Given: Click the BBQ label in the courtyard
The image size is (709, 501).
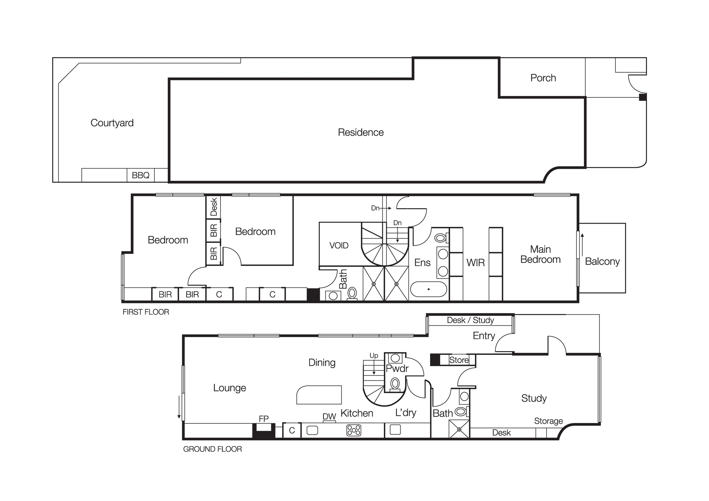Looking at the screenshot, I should pyautogui.click(x=140, y=175).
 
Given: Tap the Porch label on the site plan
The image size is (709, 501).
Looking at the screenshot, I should pyautogui.click(x=543, y=78).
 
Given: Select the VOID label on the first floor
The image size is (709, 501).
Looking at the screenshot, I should pyautogui.click(x=339, y=245).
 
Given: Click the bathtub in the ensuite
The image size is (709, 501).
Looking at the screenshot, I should pyautogui.click(x=429, y=289).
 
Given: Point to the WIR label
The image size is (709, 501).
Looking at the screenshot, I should pyautogui.click(x=475, y=263).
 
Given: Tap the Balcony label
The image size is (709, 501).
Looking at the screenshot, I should pyautogui.click(x=602, y=262).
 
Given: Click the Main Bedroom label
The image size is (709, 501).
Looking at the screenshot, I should pyautogui.click(x=540, y=254).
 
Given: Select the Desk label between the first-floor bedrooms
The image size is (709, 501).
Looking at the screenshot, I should pyautogui.click(x=213, y=207).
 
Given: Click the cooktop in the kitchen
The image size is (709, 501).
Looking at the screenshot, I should pyautogui.click(x=353, y=430).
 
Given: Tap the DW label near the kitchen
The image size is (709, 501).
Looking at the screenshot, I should pyautogui.click(x=329, y=417).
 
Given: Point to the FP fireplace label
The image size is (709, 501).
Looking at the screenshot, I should pyautogui.click(x=263, y=419).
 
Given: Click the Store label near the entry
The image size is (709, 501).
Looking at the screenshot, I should pyautogui.click(x=459, y=360).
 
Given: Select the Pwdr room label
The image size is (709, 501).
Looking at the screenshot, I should pyautogui.click(x=397, y=368).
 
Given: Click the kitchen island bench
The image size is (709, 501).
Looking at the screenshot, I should pyautogui.click(x=319, y=395).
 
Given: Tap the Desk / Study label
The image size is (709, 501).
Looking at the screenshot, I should pyautogui.click(x=470, y=320).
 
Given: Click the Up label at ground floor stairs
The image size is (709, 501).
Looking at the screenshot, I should pyautogui.click(x=374, y=356).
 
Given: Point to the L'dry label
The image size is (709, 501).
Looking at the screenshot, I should pyautogui.click(x=406, y=413).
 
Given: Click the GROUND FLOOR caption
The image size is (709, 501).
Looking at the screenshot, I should pyautogui.click(x=212, y=449).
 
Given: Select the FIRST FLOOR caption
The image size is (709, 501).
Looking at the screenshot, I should pyautogui.click(x=146, y=312).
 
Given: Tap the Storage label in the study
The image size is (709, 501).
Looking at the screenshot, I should pyautogui.click(x=548, y=421).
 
